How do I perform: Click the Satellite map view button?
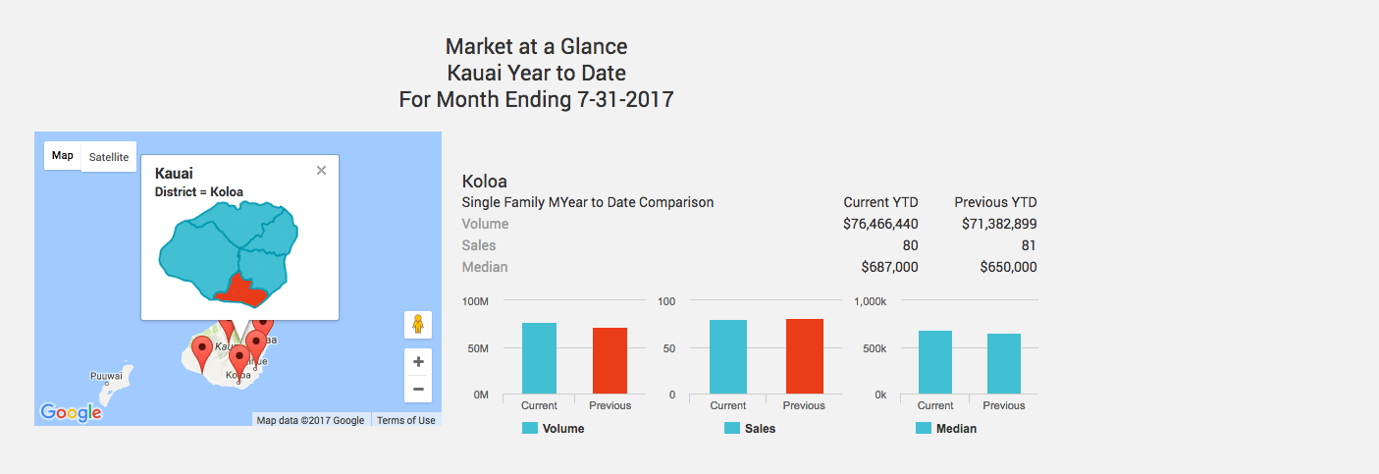point(108,157)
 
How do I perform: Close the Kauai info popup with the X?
point(321,171)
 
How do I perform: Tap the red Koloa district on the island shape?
point(241,290)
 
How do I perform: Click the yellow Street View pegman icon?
point(418,325)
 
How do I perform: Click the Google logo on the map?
point(71,413)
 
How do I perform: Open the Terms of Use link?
point(405,420)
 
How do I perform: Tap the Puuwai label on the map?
point(106,376)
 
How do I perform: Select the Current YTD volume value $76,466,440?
point(880,224)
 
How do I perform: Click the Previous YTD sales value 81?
point(1028,245)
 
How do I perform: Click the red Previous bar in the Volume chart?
point(610,360)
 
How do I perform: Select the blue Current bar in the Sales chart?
point(727,356)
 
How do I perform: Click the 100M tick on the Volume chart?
point(475,301)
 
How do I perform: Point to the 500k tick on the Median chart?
point(874,348)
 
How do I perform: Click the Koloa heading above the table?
point(484,182)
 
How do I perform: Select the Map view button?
point(63,156)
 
